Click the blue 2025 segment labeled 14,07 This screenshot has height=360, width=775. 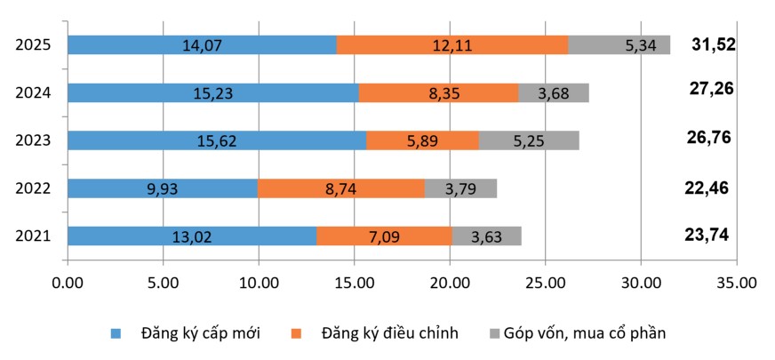[202, 44]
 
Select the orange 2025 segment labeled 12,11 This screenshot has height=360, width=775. [452, 44]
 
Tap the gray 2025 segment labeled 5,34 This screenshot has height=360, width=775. [619, 44]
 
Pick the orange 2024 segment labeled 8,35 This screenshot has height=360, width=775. [438, 92]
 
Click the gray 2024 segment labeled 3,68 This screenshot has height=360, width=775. [554, 92]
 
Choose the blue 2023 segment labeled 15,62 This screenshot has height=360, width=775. [217, 140]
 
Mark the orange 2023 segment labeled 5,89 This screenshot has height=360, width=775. [422, 140]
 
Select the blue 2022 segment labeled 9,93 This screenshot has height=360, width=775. [163, 188]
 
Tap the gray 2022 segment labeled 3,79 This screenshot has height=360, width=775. [460, 188]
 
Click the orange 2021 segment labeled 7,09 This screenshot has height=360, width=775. [384, 236]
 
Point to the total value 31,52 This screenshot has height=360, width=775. [714, 44]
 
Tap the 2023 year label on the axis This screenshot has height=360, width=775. [33, 140]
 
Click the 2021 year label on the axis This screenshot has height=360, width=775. [33, 236]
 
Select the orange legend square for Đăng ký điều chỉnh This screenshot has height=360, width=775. [297, 334]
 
